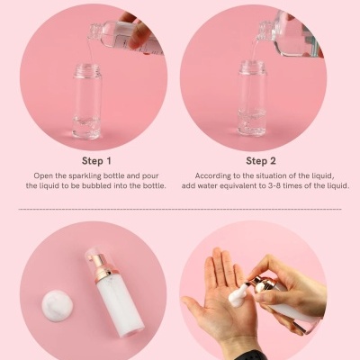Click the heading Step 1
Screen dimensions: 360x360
pos(96,161)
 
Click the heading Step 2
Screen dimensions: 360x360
pos(261,161)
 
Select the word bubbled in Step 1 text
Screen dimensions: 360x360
pos(97,185)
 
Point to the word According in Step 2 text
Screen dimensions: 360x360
pos(211,175)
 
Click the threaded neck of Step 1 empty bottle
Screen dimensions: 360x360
pos(86,69)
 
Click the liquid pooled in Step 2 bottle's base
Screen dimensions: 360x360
pos(252,122)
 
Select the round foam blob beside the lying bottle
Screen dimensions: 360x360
pos(57,306)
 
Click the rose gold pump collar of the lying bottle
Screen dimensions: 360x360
pos(102,271)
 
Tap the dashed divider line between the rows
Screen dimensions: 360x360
pos(180,209)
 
